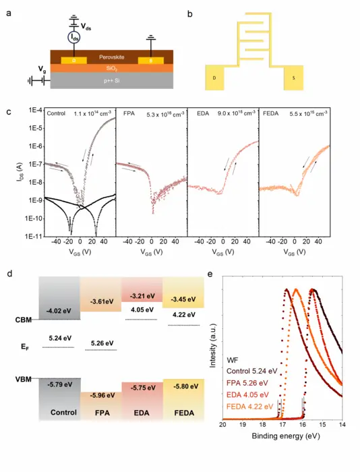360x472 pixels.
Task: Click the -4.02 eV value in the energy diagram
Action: coord(59,311)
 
